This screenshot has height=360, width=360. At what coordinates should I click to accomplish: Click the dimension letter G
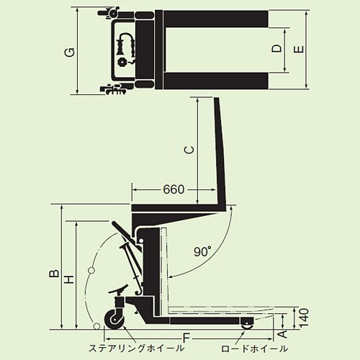[x=68, y=52]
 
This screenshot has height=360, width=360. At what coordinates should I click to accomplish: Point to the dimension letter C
[x=188, y=150]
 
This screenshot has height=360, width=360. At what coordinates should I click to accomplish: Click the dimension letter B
[x=53, y=274]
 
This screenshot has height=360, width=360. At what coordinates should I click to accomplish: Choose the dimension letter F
[x=186, y=337]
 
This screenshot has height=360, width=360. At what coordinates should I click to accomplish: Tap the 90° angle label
[x=202, y=252]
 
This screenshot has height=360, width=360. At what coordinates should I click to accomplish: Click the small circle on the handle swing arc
[x=91, y=271]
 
